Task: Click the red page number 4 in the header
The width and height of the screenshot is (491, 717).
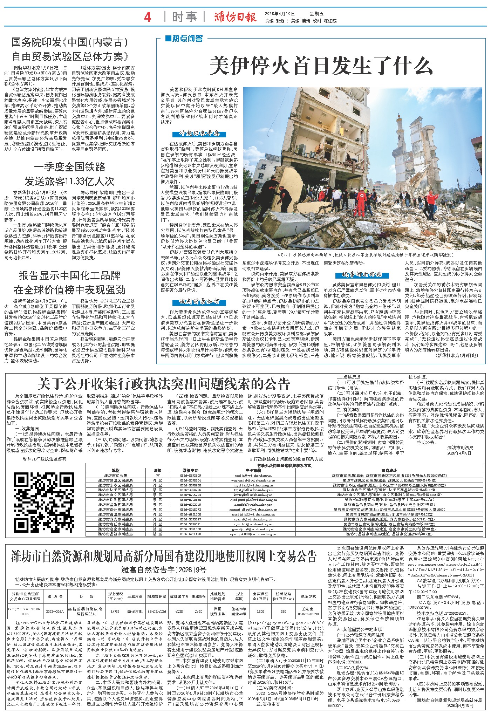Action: coord(148,17)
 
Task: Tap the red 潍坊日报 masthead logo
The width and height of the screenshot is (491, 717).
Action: coord(236,17)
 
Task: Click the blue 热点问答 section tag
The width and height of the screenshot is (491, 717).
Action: coord(184,38)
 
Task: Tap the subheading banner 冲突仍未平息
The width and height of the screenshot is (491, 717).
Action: coord(204,134)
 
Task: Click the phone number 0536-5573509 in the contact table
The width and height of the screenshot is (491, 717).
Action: coord(191,476)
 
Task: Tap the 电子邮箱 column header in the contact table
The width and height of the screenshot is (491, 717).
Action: coord(253,471)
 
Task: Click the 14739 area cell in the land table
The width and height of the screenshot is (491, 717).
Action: coord(115,611)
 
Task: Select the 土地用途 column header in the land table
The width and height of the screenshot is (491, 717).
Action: coord(135,596)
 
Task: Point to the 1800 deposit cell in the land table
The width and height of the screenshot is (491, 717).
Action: coord(260,611)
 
